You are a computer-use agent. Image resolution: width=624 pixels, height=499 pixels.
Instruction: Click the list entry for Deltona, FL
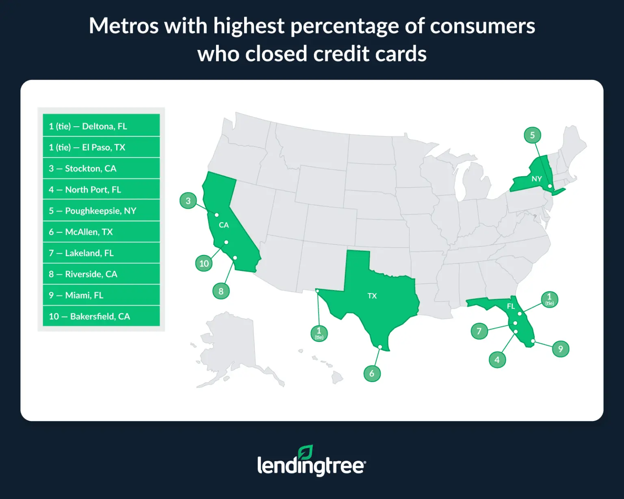coord(101,126)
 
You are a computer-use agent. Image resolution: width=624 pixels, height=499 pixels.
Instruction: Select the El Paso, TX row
coord(101,147)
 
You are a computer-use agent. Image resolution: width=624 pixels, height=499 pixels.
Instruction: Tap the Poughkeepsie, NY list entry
coord(101,211)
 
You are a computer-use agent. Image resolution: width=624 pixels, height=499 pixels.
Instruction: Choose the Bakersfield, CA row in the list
coord(101,316)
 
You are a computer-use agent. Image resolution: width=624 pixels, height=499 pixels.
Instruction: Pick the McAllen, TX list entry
coord(101,232)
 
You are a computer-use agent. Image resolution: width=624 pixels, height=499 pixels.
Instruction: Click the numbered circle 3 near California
coord(188,201)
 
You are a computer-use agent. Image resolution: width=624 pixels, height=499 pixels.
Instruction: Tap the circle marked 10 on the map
coord(204,264)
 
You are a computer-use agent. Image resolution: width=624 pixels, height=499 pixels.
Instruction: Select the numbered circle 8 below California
coord(221,291)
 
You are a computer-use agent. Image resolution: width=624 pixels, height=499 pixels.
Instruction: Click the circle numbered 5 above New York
coord(532,135)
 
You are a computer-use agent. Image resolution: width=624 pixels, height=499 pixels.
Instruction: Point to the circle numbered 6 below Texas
coord(372,374)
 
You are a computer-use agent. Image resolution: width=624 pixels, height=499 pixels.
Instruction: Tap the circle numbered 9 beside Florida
coord(561,349)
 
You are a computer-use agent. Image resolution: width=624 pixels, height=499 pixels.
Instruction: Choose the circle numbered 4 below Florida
coord(497,360)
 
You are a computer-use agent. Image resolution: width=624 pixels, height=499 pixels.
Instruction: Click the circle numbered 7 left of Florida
coord(479,331)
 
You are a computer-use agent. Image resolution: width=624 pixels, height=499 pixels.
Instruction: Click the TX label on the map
coord(372,296)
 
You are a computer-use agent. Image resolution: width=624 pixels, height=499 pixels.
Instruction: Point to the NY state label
coord(537,179)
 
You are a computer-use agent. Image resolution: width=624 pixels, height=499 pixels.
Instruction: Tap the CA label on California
coord(224,225)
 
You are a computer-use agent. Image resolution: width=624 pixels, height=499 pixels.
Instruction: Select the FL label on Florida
coord(511,306)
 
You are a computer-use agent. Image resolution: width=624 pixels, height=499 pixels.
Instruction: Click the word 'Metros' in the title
coord(123,26)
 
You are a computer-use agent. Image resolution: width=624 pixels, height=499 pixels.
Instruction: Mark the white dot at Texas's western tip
coord(317,291)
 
